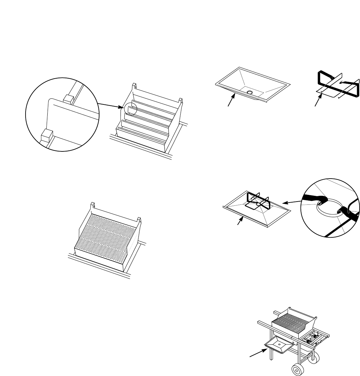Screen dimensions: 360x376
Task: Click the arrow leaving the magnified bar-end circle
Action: [x=110, y=105]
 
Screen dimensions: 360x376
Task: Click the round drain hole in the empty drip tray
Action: [x=249, y=92]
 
